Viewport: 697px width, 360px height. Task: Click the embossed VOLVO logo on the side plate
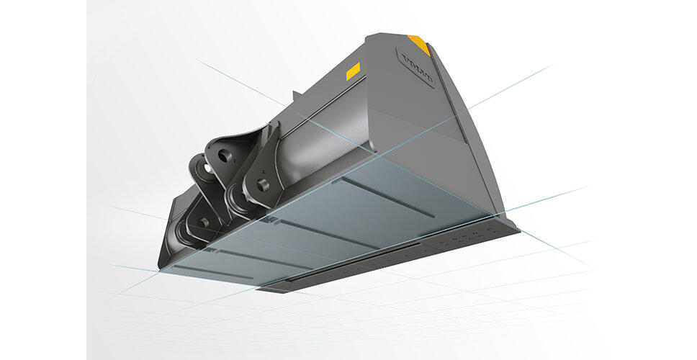418,68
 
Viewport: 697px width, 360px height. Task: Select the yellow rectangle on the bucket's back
353,71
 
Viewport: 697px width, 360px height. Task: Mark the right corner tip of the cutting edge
517,231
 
